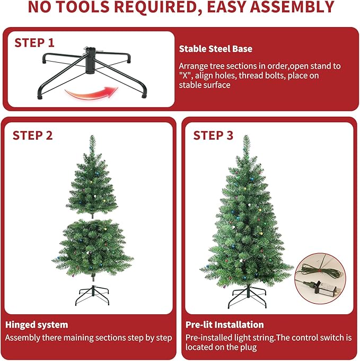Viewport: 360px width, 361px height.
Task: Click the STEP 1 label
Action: pyautogui.click(x=34, y=42)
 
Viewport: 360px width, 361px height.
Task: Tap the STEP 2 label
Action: pyautogui.click(x=33, y=135)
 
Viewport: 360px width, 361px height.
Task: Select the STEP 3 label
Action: pyautogui.click(x=213, y=135)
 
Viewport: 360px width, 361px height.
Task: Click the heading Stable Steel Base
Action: pyautogui.click(x=215, y=49)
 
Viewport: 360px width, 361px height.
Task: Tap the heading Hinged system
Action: pyautogui.click(x=37, y=324)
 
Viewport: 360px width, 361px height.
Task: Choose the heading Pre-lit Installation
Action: pyautogui.click(x=225, y=324)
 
